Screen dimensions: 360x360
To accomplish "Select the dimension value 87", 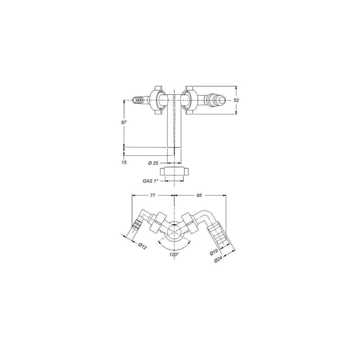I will click(x=124, y=122).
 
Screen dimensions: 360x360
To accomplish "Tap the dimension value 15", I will click(x=124, y=162).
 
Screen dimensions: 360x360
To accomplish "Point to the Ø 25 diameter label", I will click(x=153, y=163).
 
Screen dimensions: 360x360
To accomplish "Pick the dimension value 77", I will click(x=152, y=196).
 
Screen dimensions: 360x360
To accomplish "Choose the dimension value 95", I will click(x=199, y=196).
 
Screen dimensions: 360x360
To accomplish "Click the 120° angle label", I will click(x=174, y=254).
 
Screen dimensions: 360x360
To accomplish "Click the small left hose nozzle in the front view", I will click(x=137, y=100).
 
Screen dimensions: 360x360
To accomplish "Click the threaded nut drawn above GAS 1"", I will click(x=174, y=172).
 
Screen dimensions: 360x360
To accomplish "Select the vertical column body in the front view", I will click(x=174, y=127).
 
